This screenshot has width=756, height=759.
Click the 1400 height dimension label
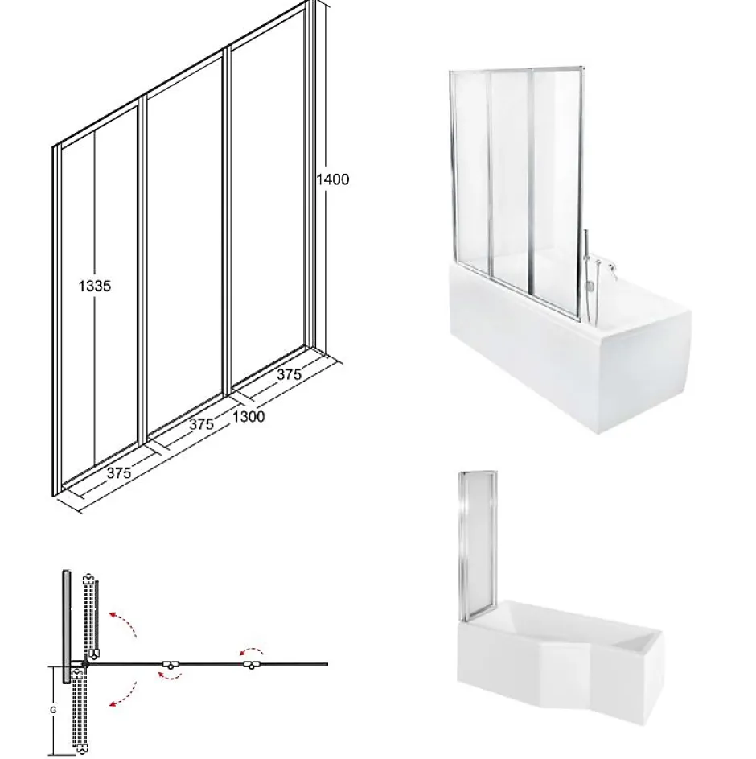click(x=332, y=179)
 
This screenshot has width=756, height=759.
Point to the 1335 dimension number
click(x=95, y=286)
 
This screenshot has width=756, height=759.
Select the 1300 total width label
click(x=249, y=416)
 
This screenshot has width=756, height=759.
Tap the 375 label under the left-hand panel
click(x=119, y=472)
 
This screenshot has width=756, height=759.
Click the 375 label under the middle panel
click(x=201, y=424)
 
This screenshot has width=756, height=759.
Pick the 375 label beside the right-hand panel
click(x=290, y=373)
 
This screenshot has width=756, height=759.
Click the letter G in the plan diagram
click(x=53, y=710)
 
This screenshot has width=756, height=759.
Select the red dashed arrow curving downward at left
click(x=125, y=695)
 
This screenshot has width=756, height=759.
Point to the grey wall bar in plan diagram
click(x=66, y=626)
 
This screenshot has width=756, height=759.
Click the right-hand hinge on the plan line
click(x=252, y=665)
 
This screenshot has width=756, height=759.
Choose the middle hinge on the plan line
click(x=171, y=665)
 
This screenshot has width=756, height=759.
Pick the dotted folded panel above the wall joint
click(x=92, y=616)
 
